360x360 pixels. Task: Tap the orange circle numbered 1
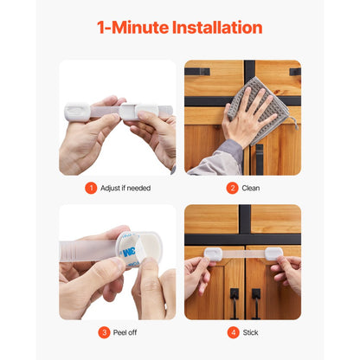click(91, 188)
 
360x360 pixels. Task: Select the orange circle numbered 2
click(232, 188)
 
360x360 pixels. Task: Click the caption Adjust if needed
click(124, 188)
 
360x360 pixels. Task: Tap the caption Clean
click(250, 188)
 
